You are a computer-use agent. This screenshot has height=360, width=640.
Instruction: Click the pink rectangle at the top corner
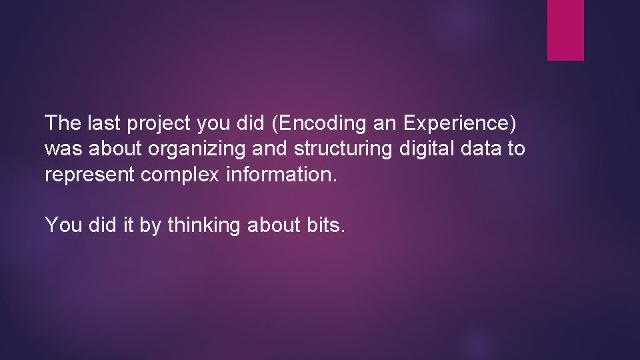coord(565,30)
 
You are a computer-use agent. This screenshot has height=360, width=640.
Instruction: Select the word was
coord(60,150)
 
